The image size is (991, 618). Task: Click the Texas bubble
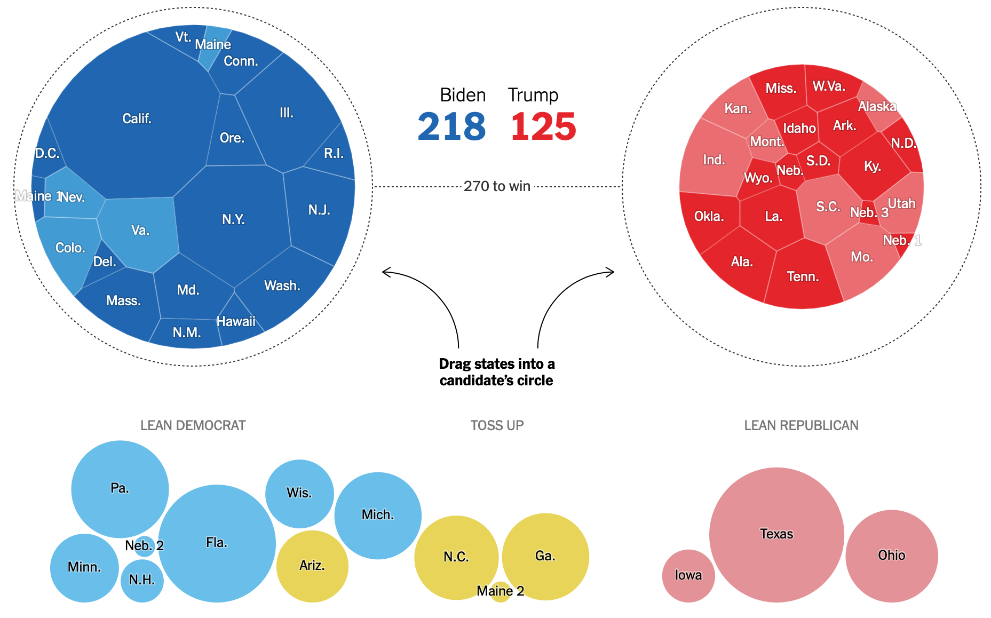(x=776, y=534)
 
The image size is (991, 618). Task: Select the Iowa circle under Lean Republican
(x=688, y=575)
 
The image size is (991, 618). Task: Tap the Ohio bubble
(x=892, y=556)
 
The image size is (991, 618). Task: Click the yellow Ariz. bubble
(x=312, y=566)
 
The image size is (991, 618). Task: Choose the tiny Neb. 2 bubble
(x=144, y=546)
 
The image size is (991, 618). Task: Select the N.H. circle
(x=142, y=580)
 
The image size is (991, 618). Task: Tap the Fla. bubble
(x=217, y=543)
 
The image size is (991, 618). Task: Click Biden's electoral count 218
(x=451, y=127)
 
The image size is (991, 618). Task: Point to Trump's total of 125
(x=543, y=127)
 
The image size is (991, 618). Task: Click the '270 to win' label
(x=497, y=186)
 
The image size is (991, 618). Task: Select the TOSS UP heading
(x=497, y=425)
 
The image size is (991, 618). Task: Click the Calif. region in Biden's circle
(x=137, y=118)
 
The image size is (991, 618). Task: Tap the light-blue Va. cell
(x=140, y=231)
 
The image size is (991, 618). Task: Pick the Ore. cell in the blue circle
(x=232, y=138)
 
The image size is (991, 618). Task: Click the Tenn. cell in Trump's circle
(x=803, y=276)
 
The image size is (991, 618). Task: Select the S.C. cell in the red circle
(x=827, y=207)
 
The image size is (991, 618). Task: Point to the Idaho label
(x=799, y=129)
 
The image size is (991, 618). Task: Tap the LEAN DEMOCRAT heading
(x=193, y=425)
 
